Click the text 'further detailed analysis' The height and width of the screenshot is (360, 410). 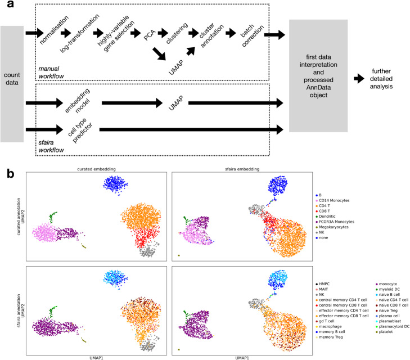[x=387, y=80]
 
